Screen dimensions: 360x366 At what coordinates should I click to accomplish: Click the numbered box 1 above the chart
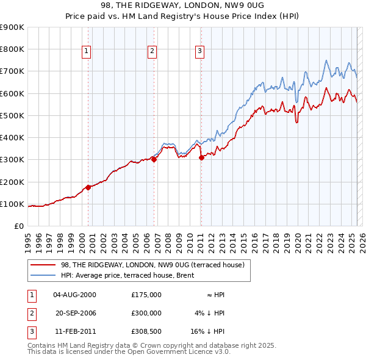(87, 51)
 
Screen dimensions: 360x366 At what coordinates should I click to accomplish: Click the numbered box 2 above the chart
(152, 51)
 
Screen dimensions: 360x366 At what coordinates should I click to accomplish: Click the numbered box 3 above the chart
(199, 51)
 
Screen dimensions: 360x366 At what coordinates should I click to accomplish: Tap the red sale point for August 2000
(88, 187)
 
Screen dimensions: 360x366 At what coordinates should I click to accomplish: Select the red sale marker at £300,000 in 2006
(154, 160)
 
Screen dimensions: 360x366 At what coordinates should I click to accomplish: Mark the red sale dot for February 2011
(201, 158)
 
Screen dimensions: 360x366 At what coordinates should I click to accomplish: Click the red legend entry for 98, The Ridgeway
(152, 265)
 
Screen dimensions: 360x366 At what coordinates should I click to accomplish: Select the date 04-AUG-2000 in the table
(74, 295)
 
